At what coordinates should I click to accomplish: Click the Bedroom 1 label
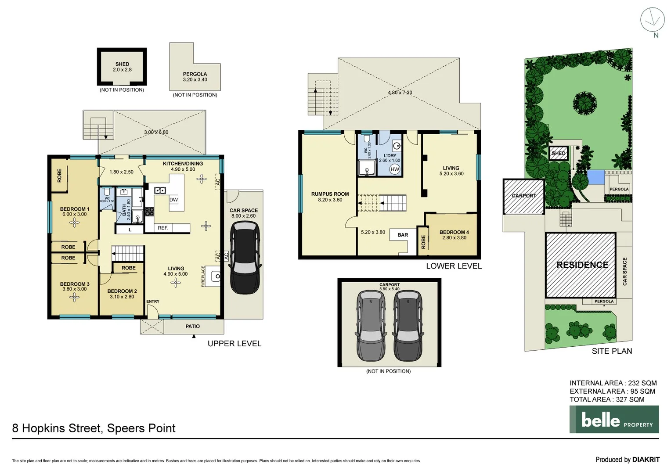pyautogui.click(x=74, y=209)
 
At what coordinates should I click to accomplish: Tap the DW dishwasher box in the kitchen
pyautogui.click(x=173, y=200)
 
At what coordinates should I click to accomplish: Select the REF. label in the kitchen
pyautogui.click(x=163, y=228)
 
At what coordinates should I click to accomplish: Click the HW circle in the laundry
pyautogui.click(x=395, y=169)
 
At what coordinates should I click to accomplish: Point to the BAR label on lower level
pyautogui.click(x=403, y=235)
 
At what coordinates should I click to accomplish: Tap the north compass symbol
pyautogui.click(x=653, y=20)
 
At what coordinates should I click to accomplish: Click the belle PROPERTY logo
pyautogui.click(x=614, y=420)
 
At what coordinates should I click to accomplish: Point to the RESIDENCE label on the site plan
pyautogui.click(x=582, y=265)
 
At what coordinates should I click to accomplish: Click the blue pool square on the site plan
pyautogui.click(x=595, y=177)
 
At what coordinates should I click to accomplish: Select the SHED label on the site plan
pyautogui.click(x=559, y=153)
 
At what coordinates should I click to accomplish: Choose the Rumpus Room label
pyautogui.click(x=330, y=194)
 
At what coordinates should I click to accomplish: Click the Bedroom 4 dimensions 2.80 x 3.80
pyautogui.click(x=454, y=238)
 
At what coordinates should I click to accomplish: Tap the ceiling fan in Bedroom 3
pyautogui.click(x=74, y=298)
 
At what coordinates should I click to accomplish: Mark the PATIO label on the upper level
pyautogui.click(x=192, y=327)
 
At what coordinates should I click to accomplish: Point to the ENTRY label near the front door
pyautogui.click(x=153, y=302)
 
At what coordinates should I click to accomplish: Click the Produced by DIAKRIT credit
pyautogui.click(x=627, y=460)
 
